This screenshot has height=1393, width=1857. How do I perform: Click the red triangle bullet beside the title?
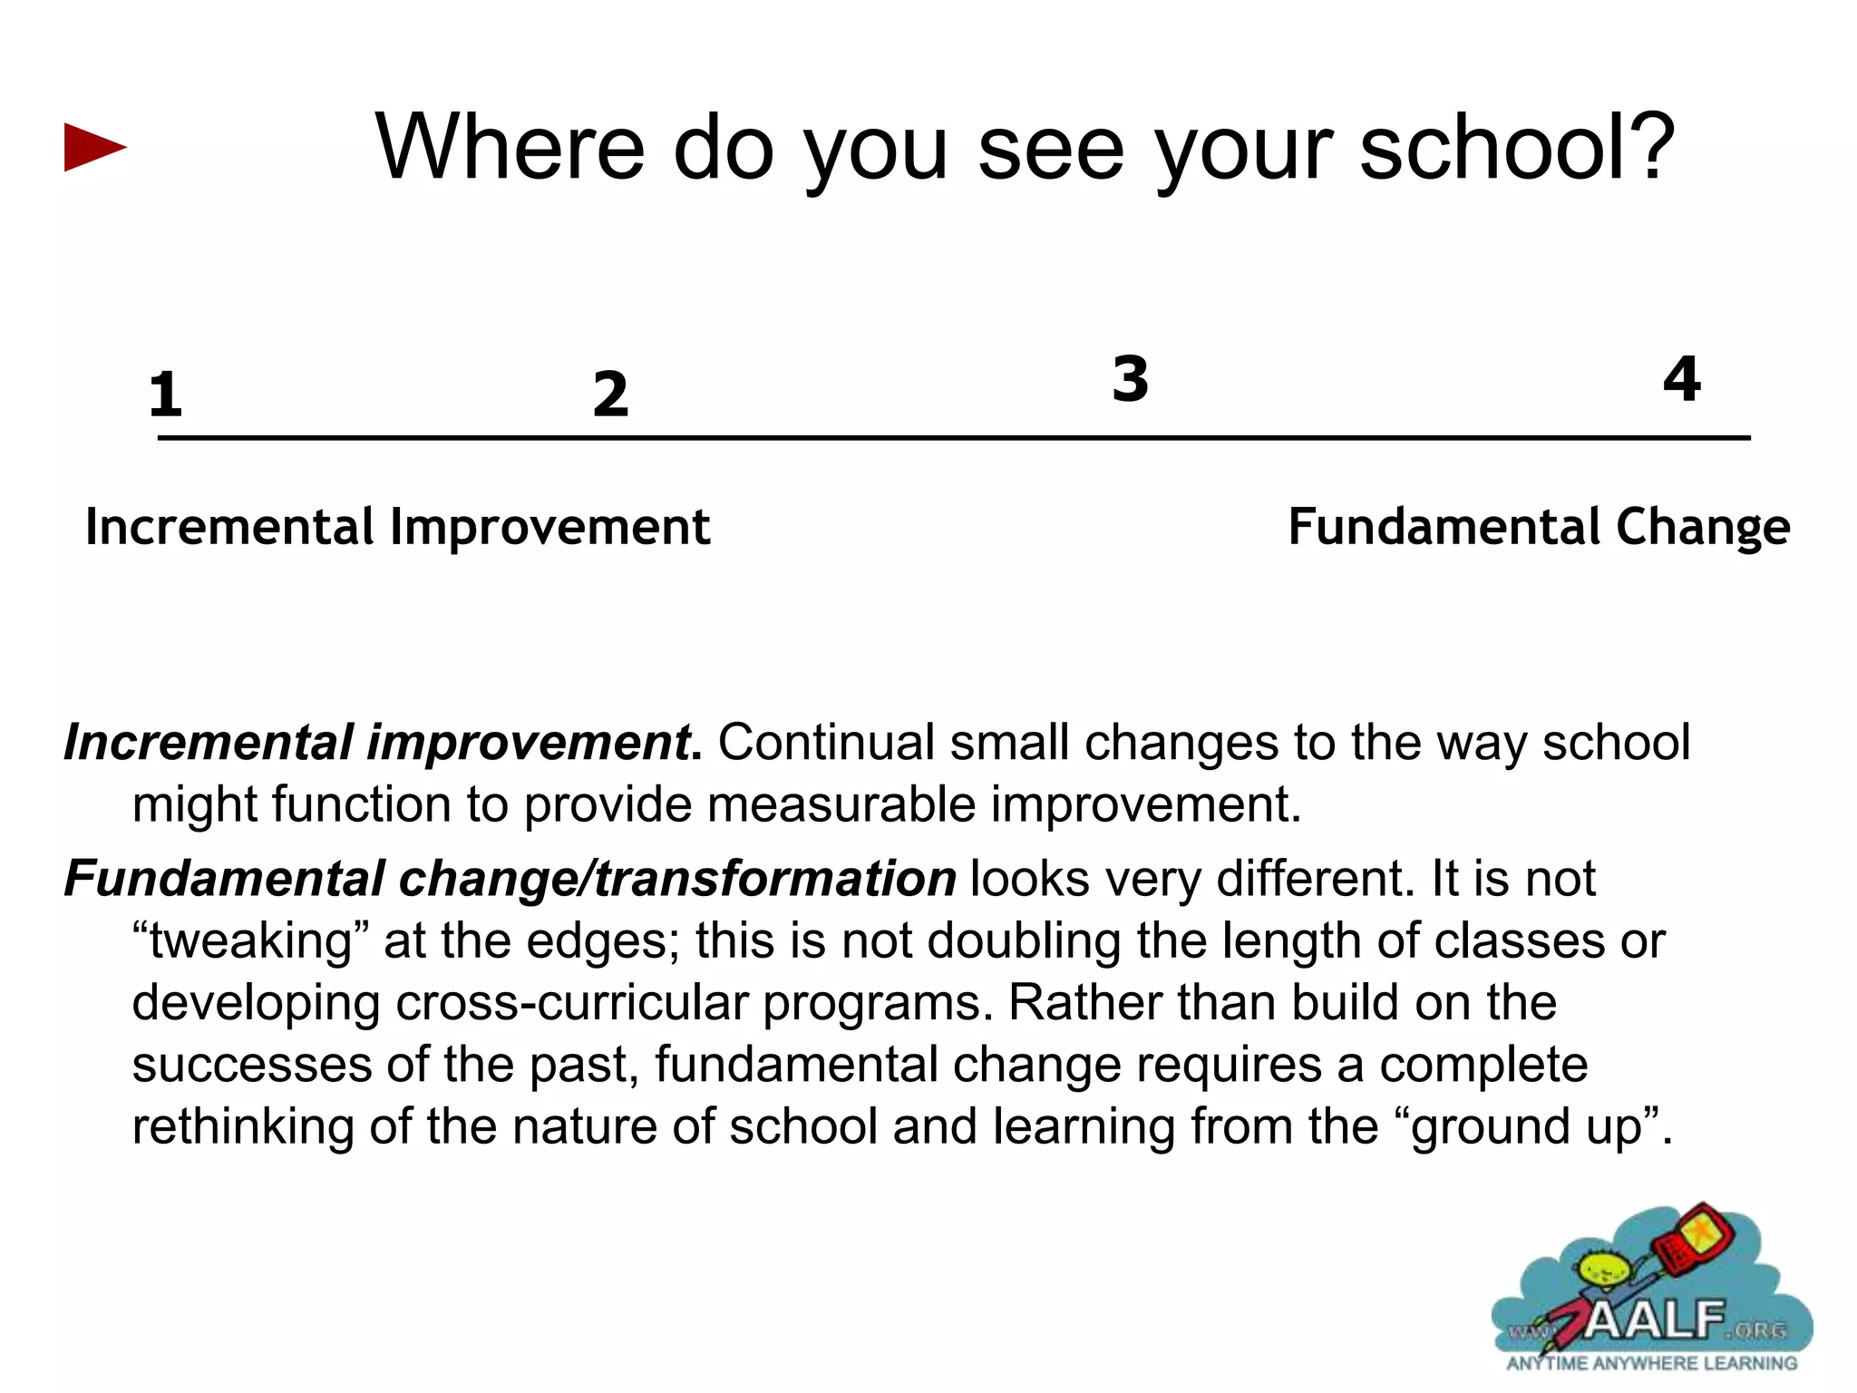click(94, 147)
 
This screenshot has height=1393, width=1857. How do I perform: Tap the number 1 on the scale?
click(165, 395)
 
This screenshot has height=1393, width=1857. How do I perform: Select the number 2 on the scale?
click(610, 395)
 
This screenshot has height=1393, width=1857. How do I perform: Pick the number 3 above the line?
click(1130, 378)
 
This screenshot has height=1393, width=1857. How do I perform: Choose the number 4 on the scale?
click(1682, 378)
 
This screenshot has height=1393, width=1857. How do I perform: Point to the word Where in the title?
click(509, 147)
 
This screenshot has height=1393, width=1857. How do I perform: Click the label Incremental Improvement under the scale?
click(397, 527)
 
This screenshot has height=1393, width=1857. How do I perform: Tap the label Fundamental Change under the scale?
click(1539, 527)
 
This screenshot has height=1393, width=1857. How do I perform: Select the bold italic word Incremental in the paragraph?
click(208, 743)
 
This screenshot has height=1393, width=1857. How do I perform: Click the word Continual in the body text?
click(825, 743)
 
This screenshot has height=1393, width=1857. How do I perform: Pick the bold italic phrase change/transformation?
click(676, 879)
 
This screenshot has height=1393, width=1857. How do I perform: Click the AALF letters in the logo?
click(1656, 1320)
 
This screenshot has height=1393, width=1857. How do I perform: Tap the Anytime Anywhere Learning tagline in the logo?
click(1651, 1363)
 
